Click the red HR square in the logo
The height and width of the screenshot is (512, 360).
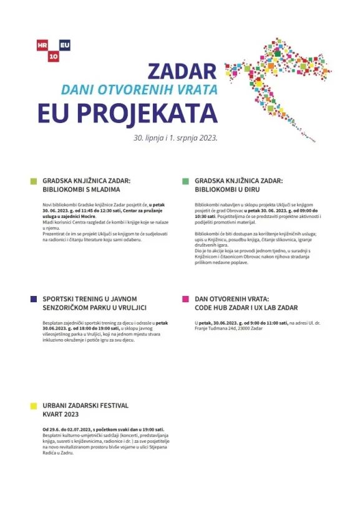pos(42,45)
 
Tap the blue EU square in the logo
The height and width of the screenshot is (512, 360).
pos(64,45)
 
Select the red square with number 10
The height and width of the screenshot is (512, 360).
pos(54,56)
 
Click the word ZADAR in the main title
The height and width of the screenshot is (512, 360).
pos(182,71)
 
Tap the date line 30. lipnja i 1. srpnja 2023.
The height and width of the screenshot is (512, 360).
pos(175,135)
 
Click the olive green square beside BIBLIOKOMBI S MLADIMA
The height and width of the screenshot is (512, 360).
pos(34,182)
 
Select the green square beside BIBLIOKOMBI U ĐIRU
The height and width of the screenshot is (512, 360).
pos(185,182)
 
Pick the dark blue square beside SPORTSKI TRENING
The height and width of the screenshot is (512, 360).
pos(34,299)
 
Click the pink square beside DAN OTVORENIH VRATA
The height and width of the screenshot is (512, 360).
pos(185,299)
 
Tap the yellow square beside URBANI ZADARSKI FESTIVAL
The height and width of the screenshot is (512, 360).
pos(34,406)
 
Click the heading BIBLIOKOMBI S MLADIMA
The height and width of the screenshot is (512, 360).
pos(81,189)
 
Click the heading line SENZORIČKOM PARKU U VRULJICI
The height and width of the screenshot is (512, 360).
pos(94,308)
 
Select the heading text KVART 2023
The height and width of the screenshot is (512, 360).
pos(61,414)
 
